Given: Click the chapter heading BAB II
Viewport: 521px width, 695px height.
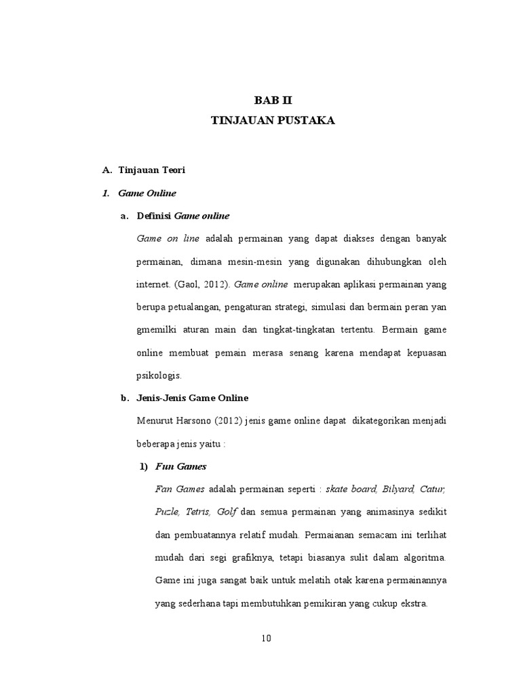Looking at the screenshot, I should [273, 100].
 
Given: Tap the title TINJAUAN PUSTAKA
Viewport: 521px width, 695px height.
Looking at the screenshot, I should [273, 121].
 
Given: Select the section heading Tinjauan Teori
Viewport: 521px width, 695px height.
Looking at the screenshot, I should [147, 170].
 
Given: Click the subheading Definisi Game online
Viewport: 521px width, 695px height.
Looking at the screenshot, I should [183, 216].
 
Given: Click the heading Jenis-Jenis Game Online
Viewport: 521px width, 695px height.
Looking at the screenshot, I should [193, 398].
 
